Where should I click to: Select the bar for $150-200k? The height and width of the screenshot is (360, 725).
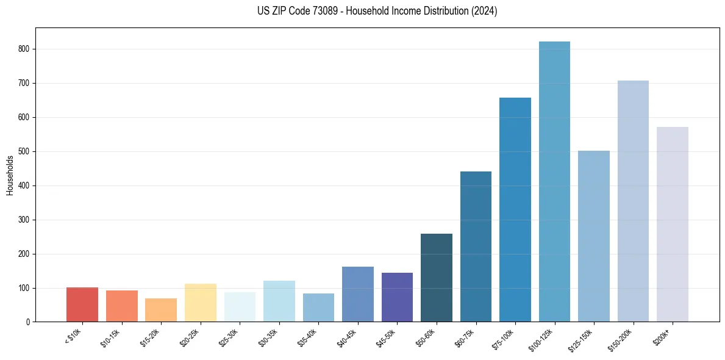point(633,201)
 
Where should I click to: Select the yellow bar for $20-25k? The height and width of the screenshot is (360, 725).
point(201,303)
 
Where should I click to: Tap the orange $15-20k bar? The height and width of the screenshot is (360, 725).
point(161,310)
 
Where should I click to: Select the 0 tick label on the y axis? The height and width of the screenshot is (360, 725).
point(28,322)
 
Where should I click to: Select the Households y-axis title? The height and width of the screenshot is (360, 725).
point(10,175)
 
